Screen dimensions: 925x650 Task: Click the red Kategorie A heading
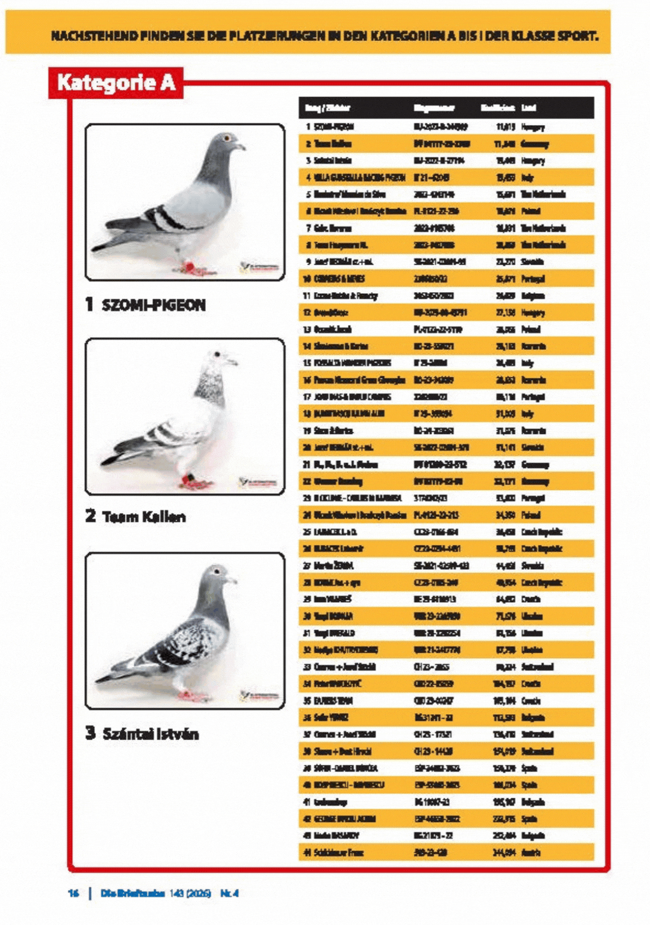pyautogui.click(x=116, y=83)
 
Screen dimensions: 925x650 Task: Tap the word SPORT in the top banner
pyautogui.click(x=577, y=36)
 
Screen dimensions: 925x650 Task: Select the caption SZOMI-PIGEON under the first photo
pyautogui.click(x=153, y=305)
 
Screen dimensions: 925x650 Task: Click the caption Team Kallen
pyautogui.click(x=144, y=517)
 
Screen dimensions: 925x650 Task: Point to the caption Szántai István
pyautogui.click(x=150, y=733)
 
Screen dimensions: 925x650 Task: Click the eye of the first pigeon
pyautogui.click(x=227, y=138)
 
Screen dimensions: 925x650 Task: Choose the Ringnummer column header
pyautogui.click(x=434, y=108)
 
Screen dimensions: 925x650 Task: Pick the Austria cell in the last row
pyautogui.click(x=531, y=852)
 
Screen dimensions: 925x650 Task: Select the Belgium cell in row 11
pyautogui.click(x=533, y=296)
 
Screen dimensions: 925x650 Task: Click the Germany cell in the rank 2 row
pyautogui.click(x=535, y=144)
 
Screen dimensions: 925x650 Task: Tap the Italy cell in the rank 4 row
pyautogui.click(x=527, y=178)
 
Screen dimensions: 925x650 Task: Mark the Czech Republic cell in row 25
pyautogui.click(x=542, y=532)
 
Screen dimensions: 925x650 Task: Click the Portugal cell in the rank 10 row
pyautogui.click(x=533, y=279)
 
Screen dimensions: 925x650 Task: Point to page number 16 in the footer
pyautogui.click(x=73, y=893)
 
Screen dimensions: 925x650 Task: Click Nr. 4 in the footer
pyautogui.click(x=229, y=893)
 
